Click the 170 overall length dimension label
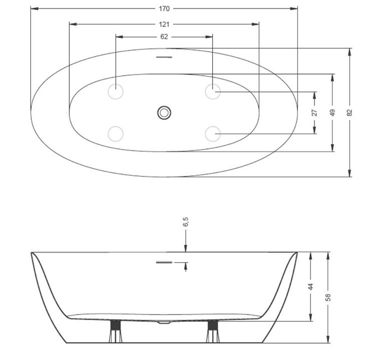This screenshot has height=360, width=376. point(164,8)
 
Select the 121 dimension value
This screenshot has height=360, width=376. point(164,24)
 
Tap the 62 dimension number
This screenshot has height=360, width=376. point(164,36)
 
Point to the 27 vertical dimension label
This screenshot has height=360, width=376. point(314,112)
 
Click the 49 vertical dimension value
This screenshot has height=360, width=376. point(332,112)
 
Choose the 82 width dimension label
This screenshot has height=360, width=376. point(350,112)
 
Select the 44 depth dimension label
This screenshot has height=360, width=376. point(310,286)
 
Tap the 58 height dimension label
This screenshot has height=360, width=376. point(328,297)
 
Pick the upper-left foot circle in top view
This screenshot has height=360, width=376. point(116,91)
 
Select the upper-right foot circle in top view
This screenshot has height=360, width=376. point(213,91)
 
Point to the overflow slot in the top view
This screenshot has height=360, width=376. point(164,57)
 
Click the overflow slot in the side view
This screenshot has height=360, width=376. point(164,261)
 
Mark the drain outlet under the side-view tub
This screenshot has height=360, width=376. point(164,323)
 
